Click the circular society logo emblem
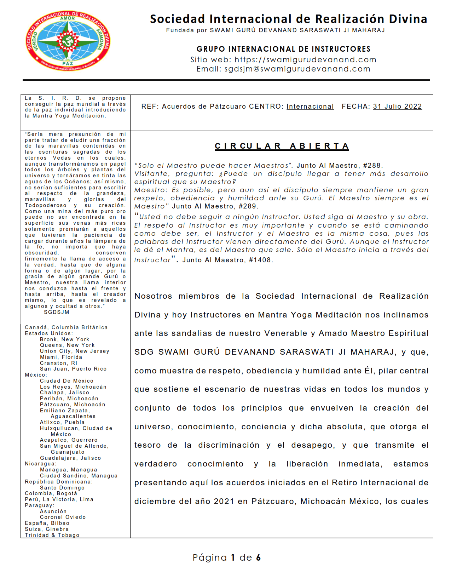(68, 41)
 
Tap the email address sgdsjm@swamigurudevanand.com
(297, 69)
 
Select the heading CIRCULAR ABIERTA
(282, 146)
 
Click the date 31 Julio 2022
(397, 107)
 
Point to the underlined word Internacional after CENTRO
(310, 107)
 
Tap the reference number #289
(248, 206)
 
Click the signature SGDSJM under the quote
(57, 312)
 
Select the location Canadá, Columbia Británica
(66, 327)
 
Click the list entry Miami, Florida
(61, 357)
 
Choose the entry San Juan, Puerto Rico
(73, 369)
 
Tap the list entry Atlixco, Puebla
(62, 422)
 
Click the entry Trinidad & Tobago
(52, 535)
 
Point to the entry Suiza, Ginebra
(47, 529)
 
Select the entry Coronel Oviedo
(63, 517)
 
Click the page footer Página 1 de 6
(226, 558)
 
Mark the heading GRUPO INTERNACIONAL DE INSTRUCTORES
(283, 49)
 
